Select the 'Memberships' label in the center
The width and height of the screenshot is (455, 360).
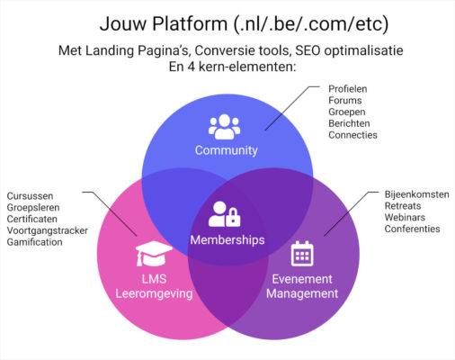tap(227, 240)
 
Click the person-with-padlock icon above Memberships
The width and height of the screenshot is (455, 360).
tap(224, 214)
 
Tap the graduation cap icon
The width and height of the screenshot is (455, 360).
tap(153, 254)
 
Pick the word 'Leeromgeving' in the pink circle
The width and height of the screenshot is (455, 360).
tap(154, 293)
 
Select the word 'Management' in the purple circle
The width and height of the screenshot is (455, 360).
tap(302, 293)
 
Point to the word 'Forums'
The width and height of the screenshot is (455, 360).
tap(346, 100)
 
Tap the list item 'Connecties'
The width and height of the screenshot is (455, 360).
tap(353, 135)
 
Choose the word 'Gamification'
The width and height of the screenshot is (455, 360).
tap(35, 242)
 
